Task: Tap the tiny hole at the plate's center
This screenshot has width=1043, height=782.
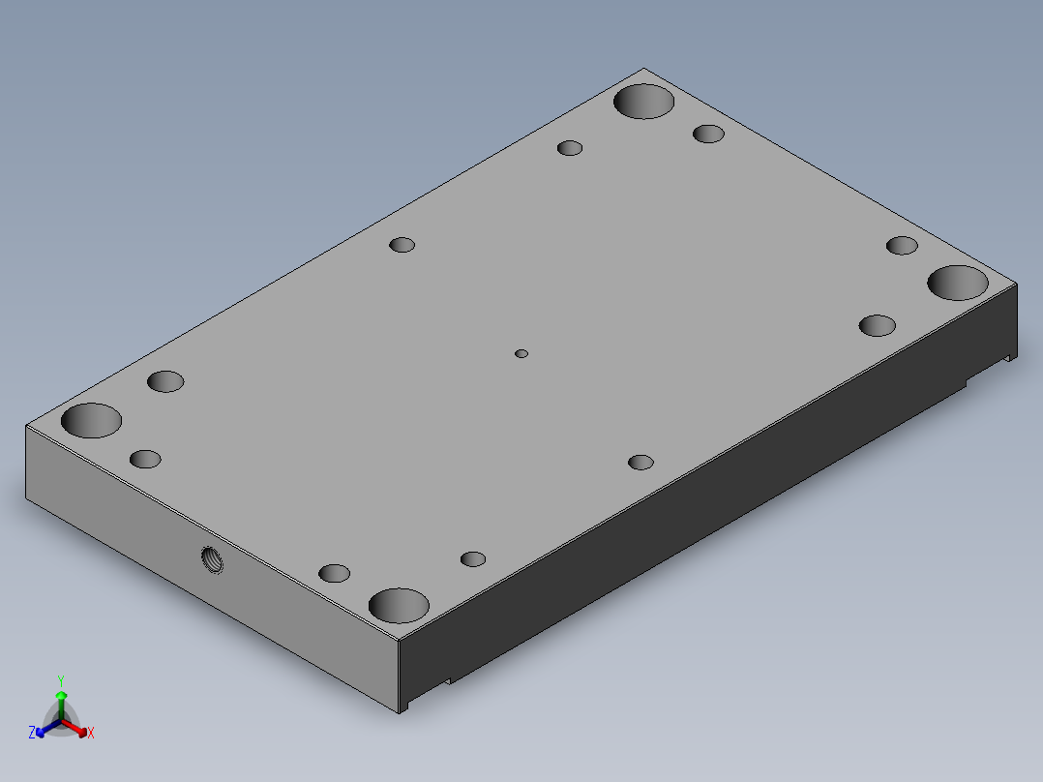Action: (521, 354)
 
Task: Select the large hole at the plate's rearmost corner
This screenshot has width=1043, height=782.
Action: (644, 102)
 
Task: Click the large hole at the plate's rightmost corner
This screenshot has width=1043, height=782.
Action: (958, 283)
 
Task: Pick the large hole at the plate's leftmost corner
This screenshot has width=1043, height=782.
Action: (91, 421)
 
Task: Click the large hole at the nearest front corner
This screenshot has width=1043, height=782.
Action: (399, 605)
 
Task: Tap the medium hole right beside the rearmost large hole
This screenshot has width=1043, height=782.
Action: (708, 134)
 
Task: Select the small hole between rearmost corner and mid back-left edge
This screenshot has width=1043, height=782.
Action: (570, 148)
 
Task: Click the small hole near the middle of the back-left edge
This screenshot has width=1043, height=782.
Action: (402, 244)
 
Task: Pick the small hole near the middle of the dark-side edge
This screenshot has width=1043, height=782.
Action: (641, 462)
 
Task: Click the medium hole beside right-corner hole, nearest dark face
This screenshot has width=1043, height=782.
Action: (878, 325)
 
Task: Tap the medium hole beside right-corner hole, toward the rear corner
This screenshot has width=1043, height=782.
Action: (902, 245)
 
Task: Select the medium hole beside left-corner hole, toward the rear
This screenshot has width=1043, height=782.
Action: (165, 381)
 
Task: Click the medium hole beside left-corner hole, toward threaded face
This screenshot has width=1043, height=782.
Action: (145, 459)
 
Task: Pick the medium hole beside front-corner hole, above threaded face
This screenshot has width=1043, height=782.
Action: (334, 573)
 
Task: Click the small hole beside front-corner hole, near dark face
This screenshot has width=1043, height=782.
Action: (473, 558)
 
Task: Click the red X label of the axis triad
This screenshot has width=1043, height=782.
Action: (91, 734)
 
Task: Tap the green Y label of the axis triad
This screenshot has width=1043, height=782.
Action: (61, 680)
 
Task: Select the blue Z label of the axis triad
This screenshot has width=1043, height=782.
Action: (32, 733)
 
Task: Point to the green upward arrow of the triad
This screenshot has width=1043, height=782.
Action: (61, 699)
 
